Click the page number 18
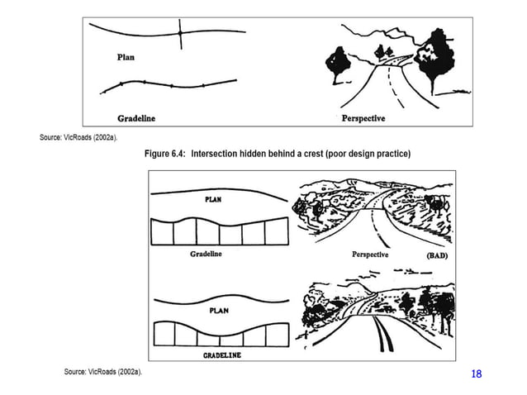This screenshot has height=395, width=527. point(475,374)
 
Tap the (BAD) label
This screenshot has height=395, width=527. point(438,256)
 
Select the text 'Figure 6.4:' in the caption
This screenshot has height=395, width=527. point(168,155)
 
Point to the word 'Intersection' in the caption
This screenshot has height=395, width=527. point(223,155)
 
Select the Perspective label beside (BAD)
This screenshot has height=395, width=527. point(370,255)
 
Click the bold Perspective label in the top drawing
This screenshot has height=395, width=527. point(363,118)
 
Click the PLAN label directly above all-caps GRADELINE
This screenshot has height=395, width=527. point(219,311)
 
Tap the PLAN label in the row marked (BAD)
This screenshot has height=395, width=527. point(219,199)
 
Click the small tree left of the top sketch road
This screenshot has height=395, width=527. point(338,61)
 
